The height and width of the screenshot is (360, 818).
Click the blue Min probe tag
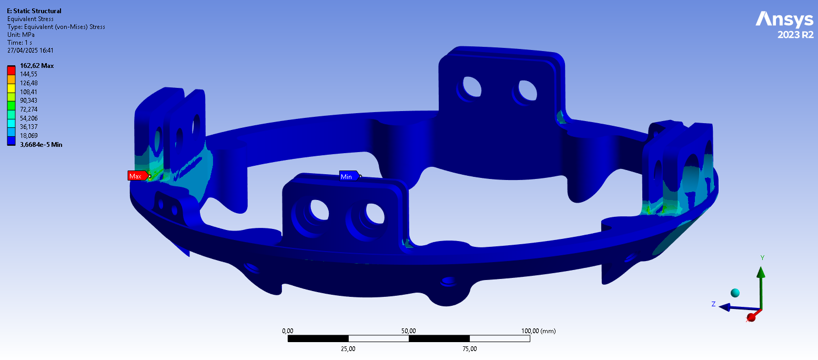click(348, 176)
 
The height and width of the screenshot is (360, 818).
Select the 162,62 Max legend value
click(37, 66)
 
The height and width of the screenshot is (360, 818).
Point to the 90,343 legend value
click(28, 101)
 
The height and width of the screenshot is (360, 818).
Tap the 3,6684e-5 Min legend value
click(41, 144)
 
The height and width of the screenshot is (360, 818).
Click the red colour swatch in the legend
click(11, 70)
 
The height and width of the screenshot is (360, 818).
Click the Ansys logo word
click(784, 20)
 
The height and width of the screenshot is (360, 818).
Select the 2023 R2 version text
click(795, 35)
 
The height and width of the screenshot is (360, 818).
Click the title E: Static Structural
click(34, 11)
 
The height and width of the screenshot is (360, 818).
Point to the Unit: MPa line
click(22, 35)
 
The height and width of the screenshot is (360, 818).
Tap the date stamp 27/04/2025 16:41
click(31, 51)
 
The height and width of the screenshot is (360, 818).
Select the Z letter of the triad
click(713, 304)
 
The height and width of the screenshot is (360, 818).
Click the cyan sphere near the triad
click(735, 293)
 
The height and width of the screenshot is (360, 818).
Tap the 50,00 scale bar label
click(409, 331)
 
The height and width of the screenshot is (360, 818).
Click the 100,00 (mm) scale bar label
click(538, 331)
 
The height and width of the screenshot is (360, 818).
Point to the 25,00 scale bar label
click(348, 348)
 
